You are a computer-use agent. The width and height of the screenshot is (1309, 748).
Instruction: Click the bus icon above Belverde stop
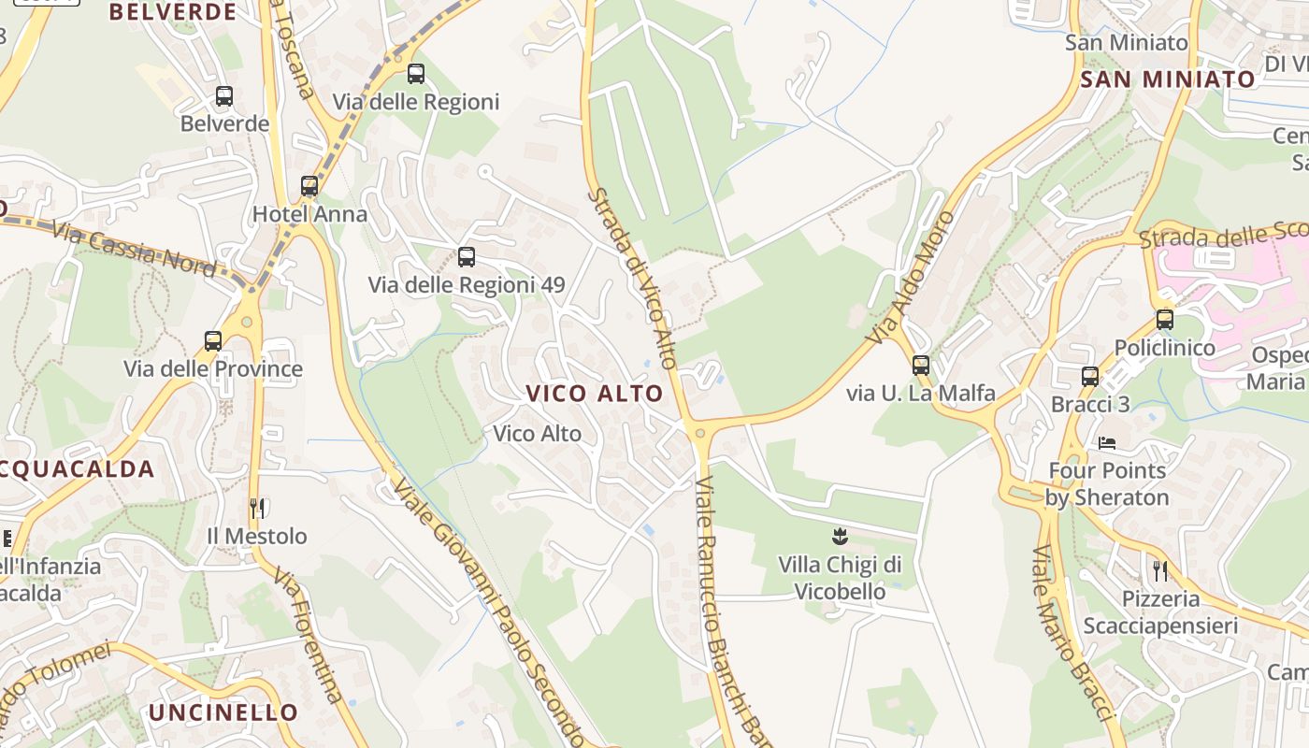[x=224, y=95]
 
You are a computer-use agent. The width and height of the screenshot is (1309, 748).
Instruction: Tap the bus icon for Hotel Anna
[x=309, y=186]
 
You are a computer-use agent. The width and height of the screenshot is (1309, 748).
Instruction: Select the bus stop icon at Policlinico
[x=1164, y=320]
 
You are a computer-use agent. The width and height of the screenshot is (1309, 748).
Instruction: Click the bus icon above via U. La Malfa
[x=921, y=366]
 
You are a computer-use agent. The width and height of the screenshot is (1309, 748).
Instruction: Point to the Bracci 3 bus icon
[x=1090, y=377]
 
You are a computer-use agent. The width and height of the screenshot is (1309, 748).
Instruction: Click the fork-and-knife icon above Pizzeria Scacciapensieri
[x=1160, y=570]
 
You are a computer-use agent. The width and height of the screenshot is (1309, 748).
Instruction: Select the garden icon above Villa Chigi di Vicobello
[x=840, y=537]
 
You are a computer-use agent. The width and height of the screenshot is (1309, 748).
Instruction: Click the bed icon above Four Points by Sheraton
[x=1108, y=442]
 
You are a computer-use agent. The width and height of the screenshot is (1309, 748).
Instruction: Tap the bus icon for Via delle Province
[x=213, y=341]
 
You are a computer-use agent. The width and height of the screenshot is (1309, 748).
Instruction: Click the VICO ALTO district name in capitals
[x=595, y=394]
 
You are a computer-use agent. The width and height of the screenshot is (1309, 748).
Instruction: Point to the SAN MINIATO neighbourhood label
[x=1167, y=79]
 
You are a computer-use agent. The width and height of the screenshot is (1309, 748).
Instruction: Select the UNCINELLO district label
[x=223, y=712]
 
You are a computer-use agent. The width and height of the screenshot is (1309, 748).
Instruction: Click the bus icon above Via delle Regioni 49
[x=467, y=256]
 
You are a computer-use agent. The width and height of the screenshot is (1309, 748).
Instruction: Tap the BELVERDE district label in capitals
[x=173, y=12]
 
